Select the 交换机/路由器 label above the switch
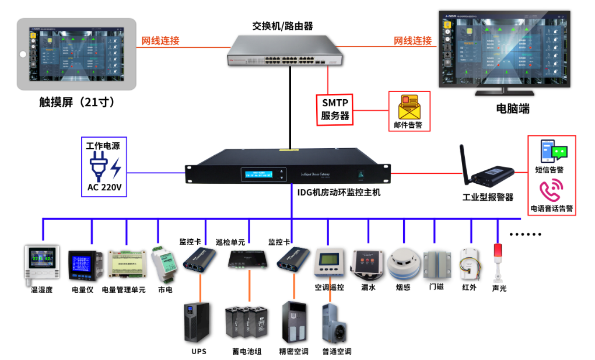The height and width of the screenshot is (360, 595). pos(282,26)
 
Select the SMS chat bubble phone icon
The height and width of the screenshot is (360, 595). pos(552,151)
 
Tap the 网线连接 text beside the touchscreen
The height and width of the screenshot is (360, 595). pos(160,41)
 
